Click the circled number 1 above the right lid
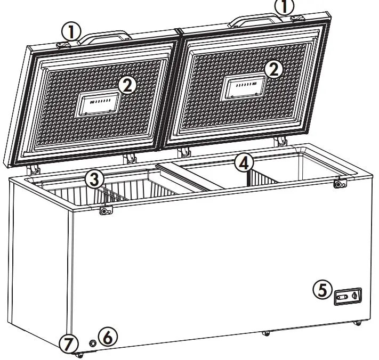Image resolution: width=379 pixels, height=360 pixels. [284, 6]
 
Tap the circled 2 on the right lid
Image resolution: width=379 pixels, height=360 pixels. [274, 69]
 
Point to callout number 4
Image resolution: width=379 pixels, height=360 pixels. [243, 162]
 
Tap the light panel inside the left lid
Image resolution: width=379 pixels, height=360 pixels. [98, 104]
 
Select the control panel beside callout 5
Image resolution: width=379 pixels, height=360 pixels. [348, 296]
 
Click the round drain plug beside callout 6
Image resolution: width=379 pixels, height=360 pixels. [93, 343]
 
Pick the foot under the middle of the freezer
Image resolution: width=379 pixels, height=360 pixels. [265, 334]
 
